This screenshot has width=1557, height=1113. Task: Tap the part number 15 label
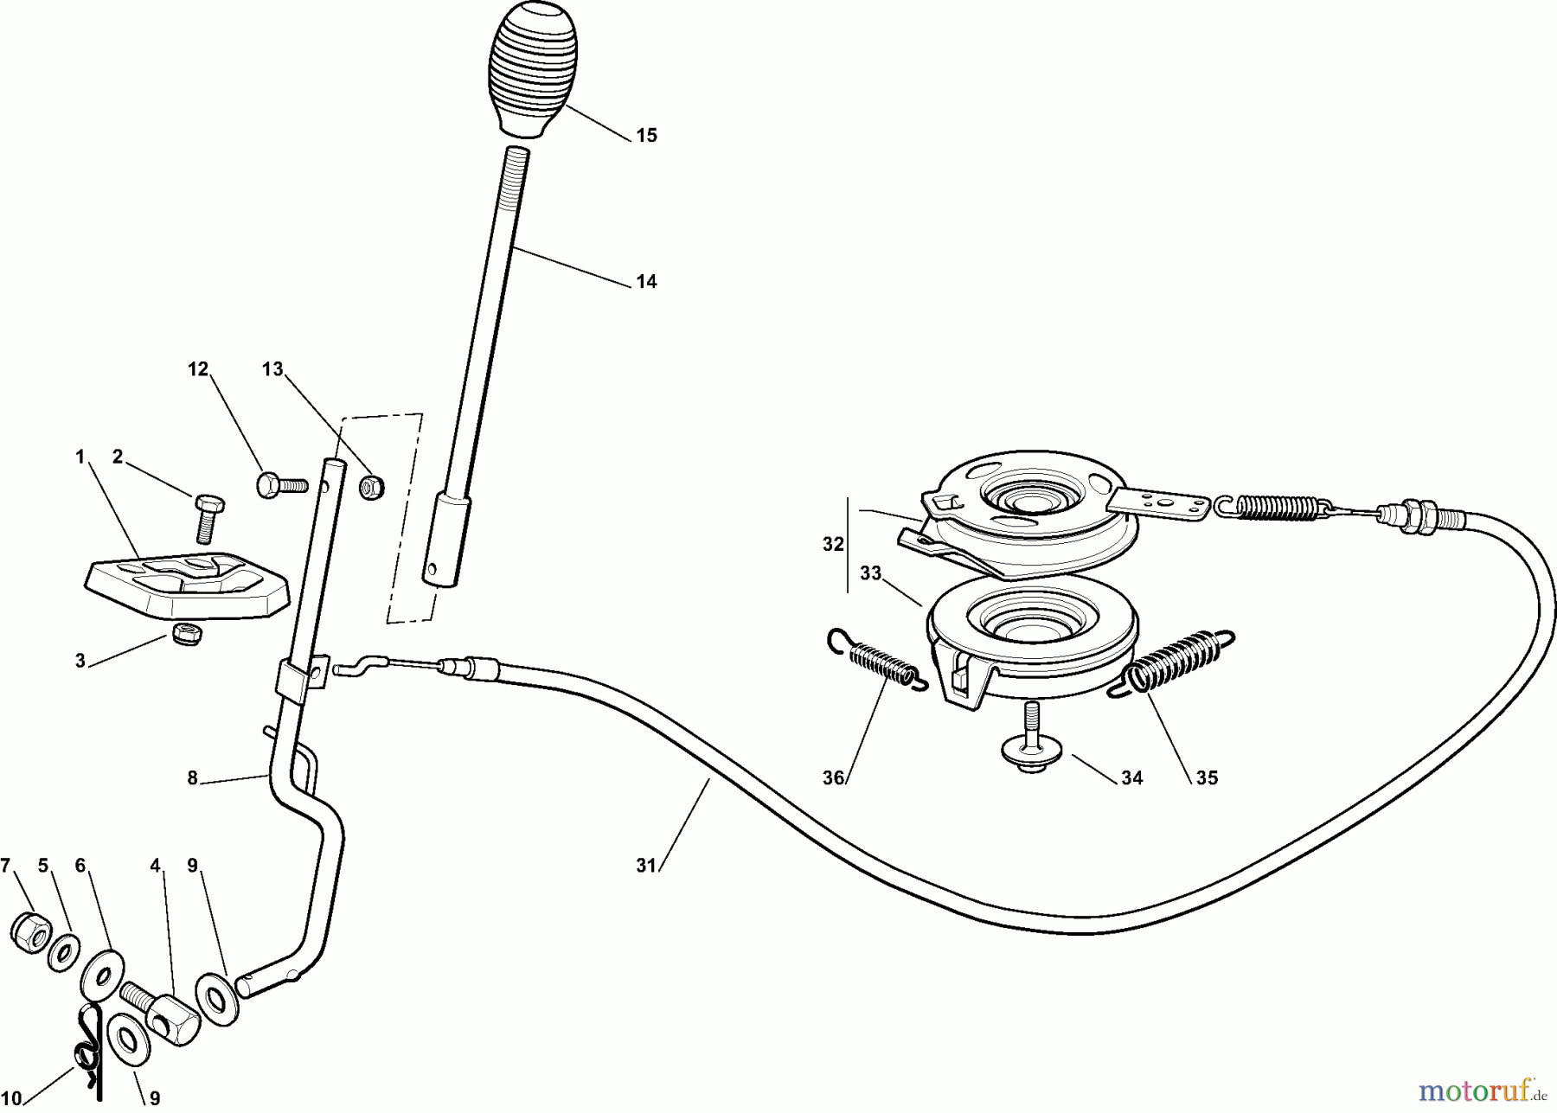click(646, 136)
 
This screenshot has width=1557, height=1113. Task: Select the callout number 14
click(646, 282)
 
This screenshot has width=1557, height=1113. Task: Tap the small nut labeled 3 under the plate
click(187, 635)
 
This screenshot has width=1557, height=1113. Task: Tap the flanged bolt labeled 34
click(1029, 744)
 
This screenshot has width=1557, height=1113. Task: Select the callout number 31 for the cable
click(646, 866)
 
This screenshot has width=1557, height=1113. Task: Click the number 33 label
click(870, 573)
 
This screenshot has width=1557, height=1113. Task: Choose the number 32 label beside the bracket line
click(832, 545)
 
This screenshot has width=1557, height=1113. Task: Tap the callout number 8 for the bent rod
click(192, 778)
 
